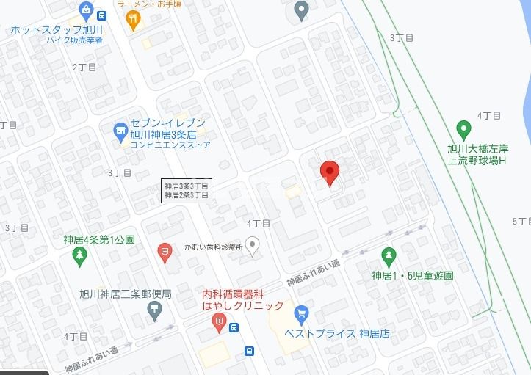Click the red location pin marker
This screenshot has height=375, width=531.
pos(330,172)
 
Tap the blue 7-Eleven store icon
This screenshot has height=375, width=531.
pos(120,131)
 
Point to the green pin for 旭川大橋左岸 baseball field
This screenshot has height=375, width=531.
pos(463,131)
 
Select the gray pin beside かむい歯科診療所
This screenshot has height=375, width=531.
pos(253,246)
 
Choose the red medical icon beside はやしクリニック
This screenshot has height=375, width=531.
pos(219,321)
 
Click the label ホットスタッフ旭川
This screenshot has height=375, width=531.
pos(57,30)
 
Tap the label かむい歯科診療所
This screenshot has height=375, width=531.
pos(214,247)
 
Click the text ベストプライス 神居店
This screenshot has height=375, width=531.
pos(337,333)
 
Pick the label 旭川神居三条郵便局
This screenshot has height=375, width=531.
pos(125,294)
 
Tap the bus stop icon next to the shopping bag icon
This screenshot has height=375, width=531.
pos(101,15)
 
